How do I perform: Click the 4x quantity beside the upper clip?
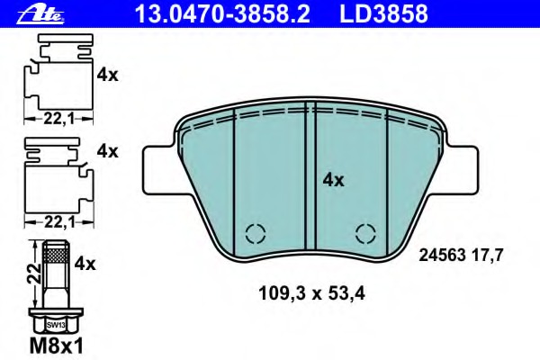pyautogui.click(x=107, y=76)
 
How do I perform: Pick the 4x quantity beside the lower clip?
pyautogui.click(x=107, y=151)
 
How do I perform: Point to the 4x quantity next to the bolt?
pyautogui.click(x=85, y=264)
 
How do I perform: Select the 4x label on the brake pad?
pyautogui.click(x=333, y=180)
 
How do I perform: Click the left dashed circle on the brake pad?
pyautogui.click(x=255, y=232)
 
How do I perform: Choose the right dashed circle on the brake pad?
pyautogui.click(x=364, y=232)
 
